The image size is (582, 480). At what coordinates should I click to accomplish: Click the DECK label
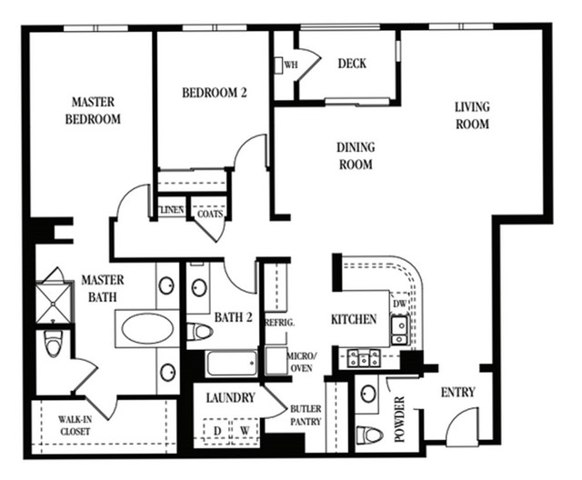[x=352, y=64]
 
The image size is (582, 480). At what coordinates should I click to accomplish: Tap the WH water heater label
[x=291, y=65]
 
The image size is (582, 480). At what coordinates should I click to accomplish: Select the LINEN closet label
[x=172, y=210]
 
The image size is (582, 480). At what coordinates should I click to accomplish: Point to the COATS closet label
[x=210, y=214]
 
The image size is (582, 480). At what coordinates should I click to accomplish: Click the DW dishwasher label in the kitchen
[x=400, y=304]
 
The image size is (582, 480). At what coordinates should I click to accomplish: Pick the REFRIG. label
[x=280, y=323]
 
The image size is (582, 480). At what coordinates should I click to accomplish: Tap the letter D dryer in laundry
[x=217, y=431]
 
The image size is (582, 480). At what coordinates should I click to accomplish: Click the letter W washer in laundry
[x=245, y=431]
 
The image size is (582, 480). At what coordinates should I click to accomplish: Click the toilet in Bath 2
[x=199, y=331]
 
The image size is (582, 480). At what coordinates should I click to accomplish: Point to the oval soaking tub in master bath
[x=147, y=329]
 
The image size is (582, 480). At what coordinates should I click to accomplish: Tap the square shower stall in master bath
[x=55, y=303]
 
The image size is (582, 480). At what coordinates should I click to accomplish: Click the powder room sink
[x=367, y=394]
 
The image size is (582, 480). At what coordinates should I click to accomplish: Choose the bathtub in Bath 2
[x=232, y=363]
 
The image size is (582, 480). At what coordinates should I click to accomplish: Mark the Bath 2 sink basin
[x=199, y=287]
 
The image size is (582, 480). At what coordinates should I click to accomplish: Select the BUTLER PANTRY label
[x=306, y=415]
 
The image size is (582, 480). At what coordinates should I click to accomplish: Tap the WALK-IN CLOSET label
[x=75, y=425]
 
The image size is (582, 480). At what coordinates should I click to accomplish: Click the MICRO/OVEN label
[x=301, y=362]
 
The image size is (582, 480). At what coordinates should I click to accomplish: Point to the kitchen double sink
[x=400, y=330]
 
